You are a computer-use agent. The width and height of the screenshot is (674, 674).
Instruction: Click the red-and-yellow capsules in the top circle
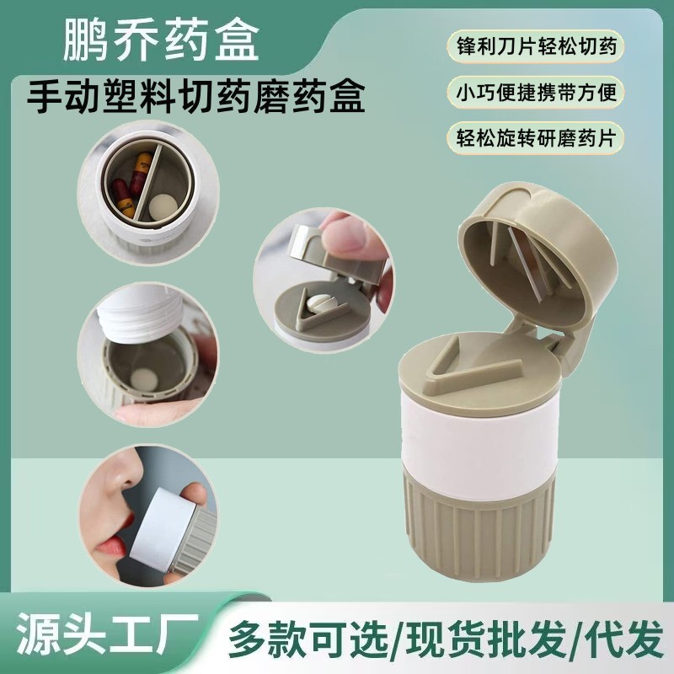tap(126, 181)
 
